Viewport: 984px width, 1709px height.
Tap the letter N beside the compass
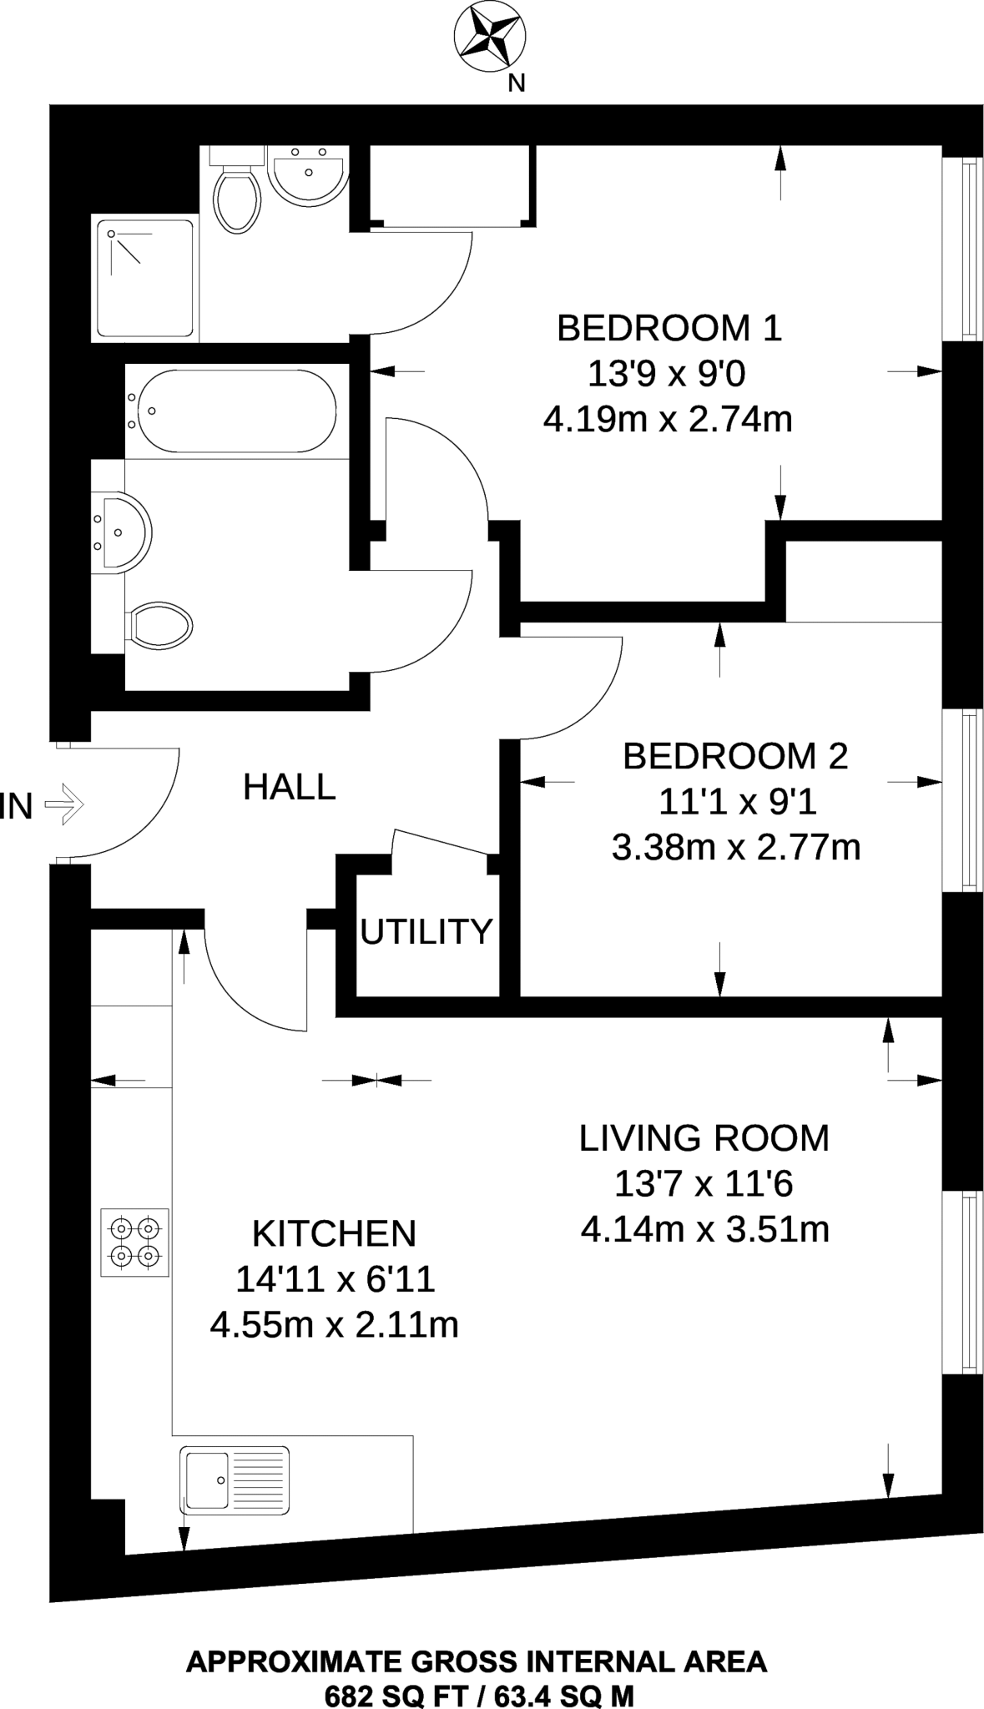pyautogui.click(x=517, y=83)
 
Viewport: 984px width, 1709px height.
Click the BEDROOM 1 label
pyautogui.click(x=669, y=328)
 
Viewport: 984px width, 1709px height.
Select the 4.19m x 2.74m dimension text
pyautogui.click(x=667, y=419)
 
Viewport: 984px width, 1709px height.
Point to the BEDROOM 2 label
pyautogui.click(x=735, y=756)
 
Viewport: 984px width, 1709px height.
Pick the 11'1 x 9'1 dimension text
pyautogui.click(x=737, y=803)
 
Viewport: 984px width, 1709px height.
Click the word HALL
pyautogui.click(x=290, y=787)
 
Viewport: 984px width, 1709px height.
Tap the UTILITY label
pyautogui.click(x=426, y=931)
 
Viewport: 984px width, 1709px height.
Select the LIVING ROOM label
pyautogui.click(x=704, y=1138)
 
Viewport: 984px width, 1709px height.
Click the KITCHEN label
pyautogui.click(x=334, y=1233)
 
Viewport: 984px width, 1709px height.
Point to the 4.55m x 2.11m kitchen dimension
pyautogui.click(x=334, y=1325)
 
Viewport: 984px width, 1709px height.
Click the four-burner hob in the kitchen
pyautogui.click(x=135, y=1242)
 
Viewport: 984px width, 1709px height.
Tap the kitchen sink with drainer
pyautogui.click(x=235, y=1480)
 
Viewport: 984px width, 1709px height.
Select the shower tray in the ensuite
pyautogui.click(x=145, y=279)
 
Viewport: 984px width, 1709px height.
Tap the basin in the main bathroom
pyautogui.click(x=121, y=532)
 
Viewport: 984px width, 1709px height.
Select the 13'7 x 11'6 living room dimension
pyautogui.click(x=704, y=1183)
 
